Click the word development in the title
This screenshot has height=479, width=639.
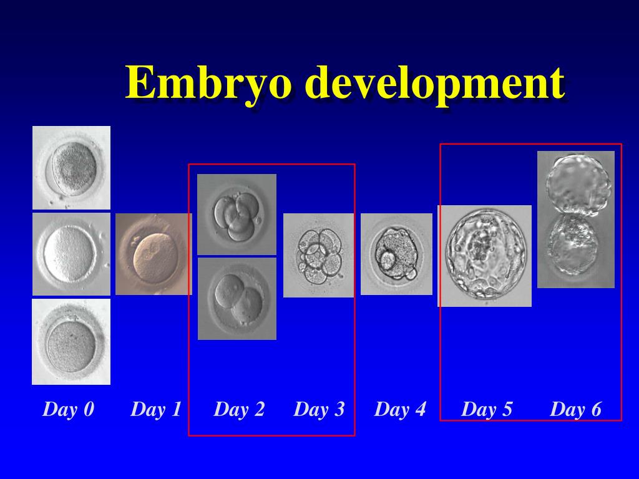(x=437, y=84)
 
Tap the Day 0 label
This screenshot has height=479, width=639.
(x=69, y=410)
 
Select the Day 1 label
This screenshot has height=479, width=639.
(x=156, y=410)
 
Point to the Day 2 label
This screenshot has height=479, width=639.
(x=239, y=410)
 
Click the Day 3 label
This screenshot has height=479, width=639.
(x=319, y=410)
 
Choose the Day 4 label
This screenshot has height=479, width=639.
(x=400, y=410)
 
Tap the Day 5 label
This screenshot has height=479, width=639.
(x=487, y=410)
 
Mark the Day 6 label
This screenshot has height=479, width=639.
(x=575, y=410)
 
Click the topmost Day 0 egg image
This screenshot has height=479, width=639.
(x=72, y=167)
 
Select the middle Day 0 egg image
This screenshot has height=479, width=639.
(x=71, y=254)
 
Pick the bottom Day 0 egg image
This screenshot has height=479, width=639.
(x=71, y=342)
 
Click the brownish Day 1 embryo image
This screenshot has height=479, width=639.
(x=153, y=254)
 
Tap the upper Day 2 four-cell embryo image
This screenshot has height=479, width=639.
(x=237, y=215)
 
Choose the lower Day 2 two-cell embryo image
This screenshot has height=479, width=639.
(x=237, y=299)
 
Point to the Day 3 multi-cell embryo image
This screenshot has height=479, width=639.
(x=319, y=255)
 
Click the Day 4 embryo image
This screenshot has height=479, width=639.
(x=396, y=254)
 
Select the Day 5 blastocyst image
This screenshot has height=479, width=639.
(x=485, y=256)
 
